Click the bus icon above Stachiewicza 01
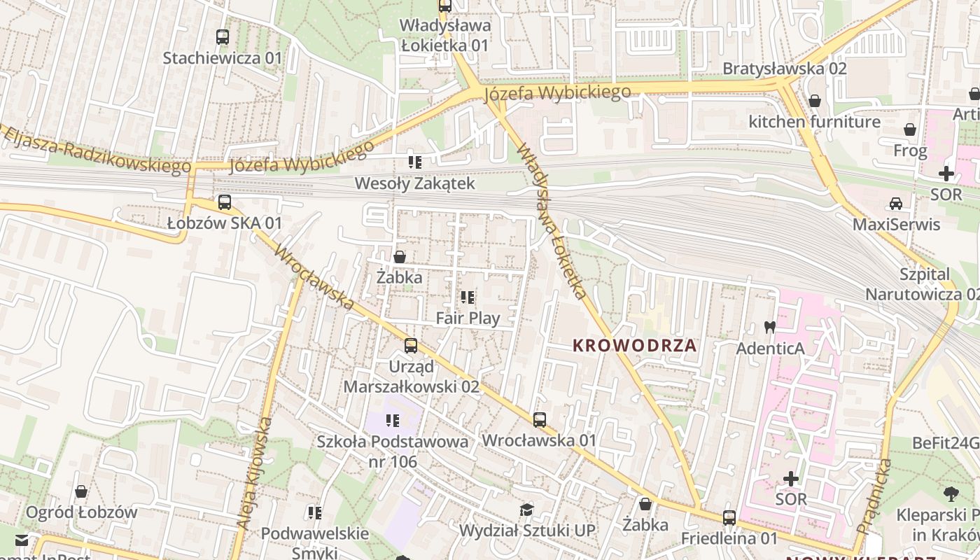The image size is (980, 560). click(223, 37)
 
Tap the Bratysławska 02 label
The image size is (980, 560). click(784, 69)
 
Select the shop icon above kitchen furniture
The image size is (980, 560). click(815, 101)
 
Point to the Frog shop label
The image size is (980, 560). click(910, 150)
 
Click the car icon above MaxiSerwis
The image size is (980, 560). click(895, 204)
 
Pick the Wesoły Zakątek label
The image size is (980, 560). click(415, 184)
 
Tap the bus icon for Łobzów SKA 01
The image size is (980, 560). click(224, 202)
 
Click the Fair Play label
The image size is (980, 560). click(468, 318)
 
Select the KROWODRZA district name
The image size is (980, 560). click(634, 345)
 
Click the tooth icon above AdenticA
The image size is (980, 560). click(769, 327)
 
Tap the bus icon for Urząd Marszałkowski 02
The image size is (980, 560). click(411, 346)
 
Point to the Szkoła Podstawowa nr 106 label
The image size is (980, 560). click(392, 451)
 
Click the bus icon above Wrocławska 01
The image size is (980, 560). click(539, 420)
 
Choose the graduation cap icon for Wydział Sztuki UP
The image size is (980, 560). click(526, 510)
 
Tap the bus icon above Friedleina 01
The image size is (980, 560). click(729, 518)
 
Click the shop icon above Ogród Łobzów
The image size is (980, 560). click(81, 491)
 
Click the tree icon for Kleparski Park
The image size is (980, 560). click(951, 494)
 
